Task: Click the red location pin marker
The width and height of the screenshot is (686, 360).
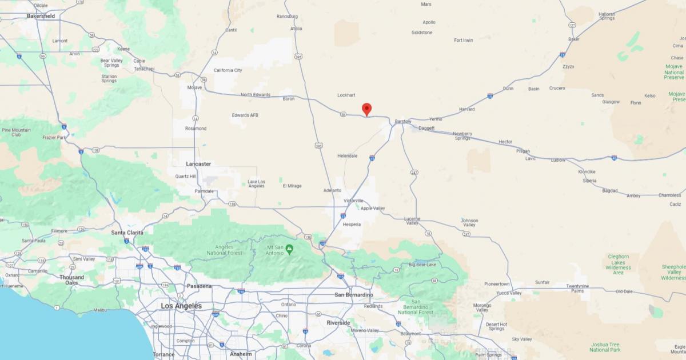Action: click(x=367, y=109)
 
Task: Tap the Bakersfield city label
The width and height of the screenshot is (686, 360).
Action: click(x=41, y=16)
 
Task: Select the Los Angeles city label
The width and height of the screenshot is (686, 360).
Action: click(x=181, y=306)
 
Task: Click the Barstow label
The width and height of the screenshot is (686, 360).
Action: click(x=403, y=122)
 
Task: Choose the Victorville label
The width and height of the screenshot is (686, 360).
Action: click(x=353, y=201)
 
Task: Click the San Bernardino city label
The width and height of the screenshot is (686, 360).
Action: click(x=353, y=295)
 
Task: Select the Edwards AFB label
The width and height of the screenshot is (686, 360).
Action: click(x=245, y=115)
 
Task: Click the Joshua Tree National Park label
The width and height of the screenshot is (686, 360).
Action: click(x=605, y=347)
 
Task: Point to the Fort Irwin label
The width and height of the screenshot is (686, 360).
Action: click(x=464, y=40)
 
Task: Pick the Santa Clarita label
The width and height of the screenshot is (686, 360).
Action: click(x=127, y=233)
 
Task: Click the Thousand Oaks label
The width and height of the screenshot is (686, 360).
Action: click(x=71, y=280)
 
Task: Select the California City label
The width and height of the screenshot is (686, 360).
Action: click(x=228, y=70)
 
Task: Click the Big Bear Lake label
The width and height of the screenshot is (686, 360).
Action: click(x=422, y=265)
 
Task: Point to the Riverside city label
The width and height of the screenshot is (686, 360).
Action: click(x=338, y=323)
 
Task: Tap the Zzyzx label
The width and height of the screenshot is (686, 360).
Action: click(x=568, y=66)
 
